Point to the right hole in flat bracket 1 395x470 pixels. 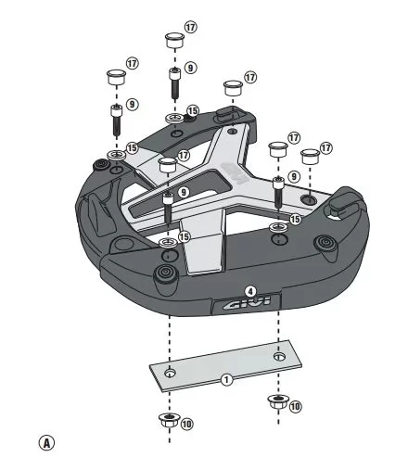[279, 354]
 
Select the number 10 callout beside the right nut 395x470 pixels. [295, 406]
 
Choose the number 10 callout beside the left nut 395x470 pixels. [187, 424]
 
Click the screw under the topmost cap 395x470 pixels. [173, 83]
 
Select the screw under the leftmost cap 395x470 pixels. [116, 120]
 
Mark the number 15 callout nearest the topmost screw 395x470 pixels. [193, 111]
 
